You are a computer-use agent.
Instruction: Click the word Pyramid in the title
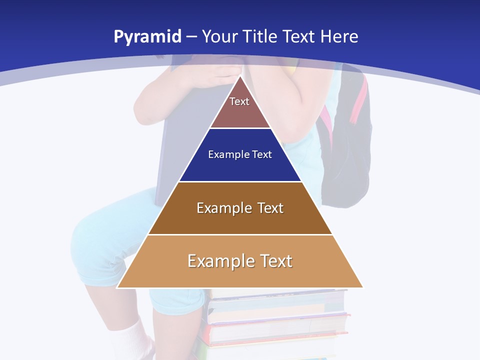pos(147,37)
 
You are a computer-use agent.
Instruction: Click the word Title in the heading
pos(259,37)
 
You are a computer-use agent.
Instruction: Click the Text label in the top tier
pos(239,101)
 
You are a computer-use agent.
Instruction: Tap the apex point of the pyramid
pos(240,76)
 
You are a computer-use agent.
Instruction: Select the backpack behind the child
pos(347,165)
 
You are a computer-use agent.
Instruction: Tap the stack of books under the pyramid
pos(277,320)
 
